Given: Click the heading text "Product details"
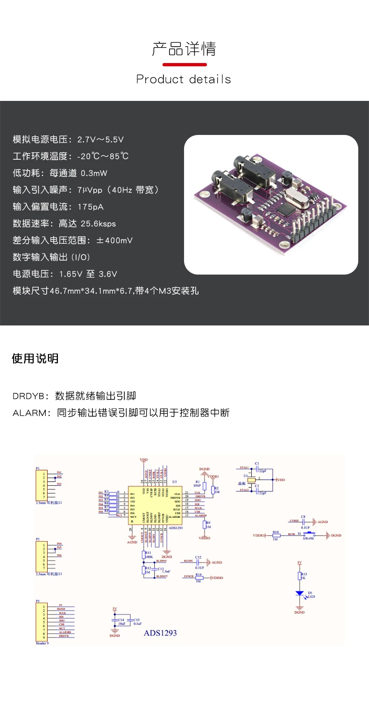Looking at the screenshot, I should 184,79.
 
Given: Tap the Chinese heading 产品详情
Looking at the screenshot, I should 184,49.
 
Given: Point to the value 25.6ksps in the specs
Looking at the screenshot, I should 98,223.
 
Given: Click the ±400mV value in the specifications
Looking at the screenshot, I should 114,240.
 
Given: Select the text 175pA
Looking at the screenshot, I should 91,206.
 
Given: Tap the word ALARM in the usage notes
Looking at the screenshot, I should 30,413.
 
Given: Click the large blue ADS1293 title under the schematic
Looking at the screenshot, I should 160,633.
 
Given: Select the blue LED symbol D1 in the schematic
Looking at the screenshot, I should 299,594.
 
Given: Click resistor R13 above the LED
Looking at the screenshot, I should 299,576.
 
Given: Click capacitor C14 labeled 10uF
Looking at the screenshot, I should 114,621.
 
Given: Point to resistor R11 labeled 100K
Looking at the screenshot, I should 144,554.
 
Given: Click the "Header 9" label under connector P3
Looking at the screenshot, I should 42,643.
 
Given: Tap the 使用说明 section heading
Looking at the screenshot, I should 35,359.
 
